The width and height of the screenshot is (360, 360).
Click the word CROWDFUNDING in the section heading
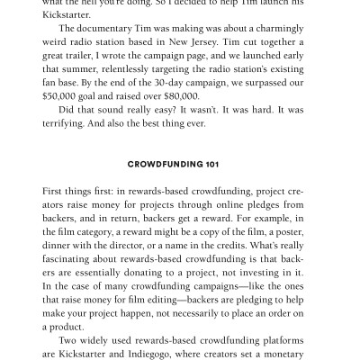[x=170, y=165]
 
